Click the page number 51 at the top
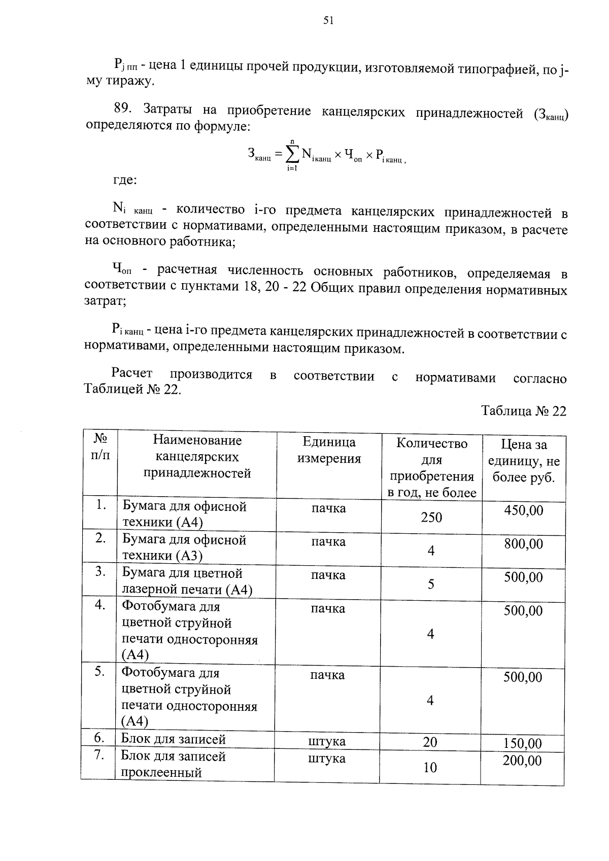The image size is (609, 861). pyautogui.click(x=328, y=20)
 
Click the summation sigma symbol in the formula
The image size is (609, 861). pyautogui.click(x=292, y=153)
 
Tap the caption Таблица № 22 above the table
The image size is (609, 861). pyautogui.click(x=523, y=411)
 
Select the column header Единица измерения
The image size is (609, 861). pyautogui.click(x=329, y=451)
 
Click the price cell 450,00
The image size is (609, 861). pyautogui.click(x=523, y=510)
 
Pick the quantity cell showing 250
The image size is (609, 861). pyautogui.click(x=431, y=518)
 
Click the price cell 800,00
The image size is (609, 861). pyautogui.click(x=523, y=544)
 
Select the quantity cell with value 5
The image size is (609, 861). pyautogui.click(x=431, y=584)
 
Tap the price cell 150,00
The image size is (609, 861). pyautogui.click(x=523, y=744)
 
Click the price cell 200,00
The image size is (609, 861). pyautogui.click(x=522, y=761)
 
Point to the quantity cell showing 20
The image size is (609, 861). pyautogui.click(x=430, y=742)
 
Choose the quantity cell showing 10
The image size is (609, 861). pyautogui.click(x=430, y=768)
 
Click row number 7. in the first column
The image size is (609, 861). pyautogui.click(x=99, y=755)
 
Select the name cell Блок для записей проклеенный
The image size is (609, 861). pyautogui.click(x=173, y=765)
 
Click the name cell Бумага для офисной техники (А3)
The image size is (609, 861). pyautogui.click(x=184, y=547)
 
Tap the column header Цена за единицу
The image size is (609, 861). pyautogui.click(x=524, y=461)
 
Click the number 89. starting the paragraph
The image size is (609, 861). pyautogui.click(x=123, y=109)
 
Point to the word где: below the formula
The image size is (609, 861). pyautogui.click(x=124, y=180)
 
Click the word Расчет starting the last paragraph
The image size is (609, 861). pyautogui.click(x=132, y=373)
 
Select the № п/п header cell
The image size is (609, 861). pyautogui.click(x=100, y=446)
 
